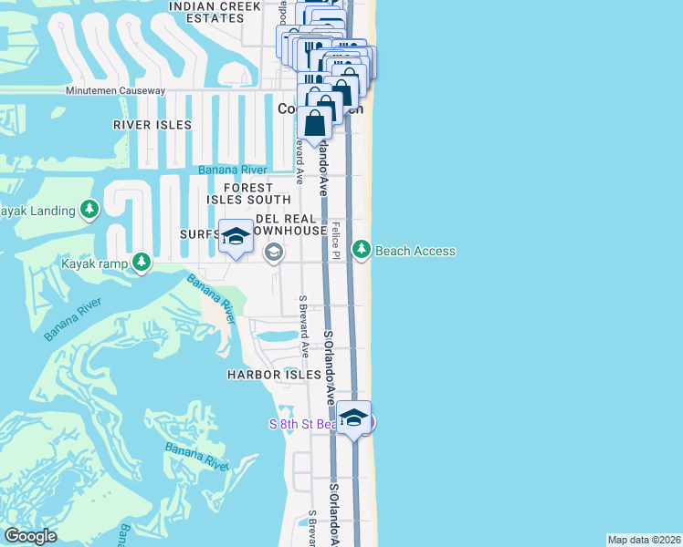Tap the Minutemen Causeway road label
click(115, 91)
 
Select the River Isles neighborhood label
click(152, 125)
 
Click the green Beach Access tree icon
click(362, 249)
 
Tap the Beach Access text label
click(415, 251)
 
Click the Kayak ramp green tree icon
click(141, 263)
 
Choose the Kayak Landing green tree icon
click(89, 211)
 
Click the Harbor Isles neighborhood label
click(274, 375)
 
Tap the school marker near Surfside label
click(236, 236)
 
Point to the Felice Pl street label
click(336, 241)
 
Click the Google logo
click(31, 536)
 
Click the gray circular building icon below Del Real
click(273, 254)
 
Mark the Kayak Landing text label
click(37, 212)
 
